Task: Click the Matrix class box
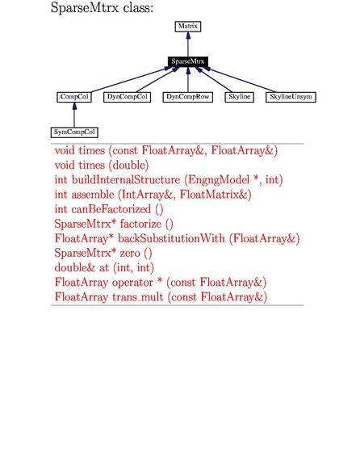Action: point(188,27)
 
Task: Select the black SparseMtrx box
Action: point(188,61)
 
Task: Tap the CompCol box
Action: point(74,97)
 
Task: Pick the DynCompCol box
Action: point(127,97)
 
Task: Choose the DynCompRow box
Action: point(188,97)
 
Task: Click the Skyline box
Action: point(240,97)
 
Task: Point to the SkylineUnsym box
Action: point(291,97)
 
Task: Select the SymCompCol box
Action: point(74,132)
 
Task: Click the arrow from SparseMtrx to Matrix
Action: point(188,44)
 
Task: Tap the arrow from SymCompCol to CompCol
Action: point(74,115)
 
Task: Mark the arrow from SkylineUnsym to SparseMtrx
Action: point(239,79)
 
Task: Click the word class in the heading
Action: point(138,7)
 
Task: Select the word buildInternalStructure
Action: point(126,180)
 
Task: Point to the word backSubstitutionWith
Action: point(171,238)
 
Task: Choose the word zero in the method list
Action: point(130,254)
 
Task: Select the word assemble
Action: point(93,195)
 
